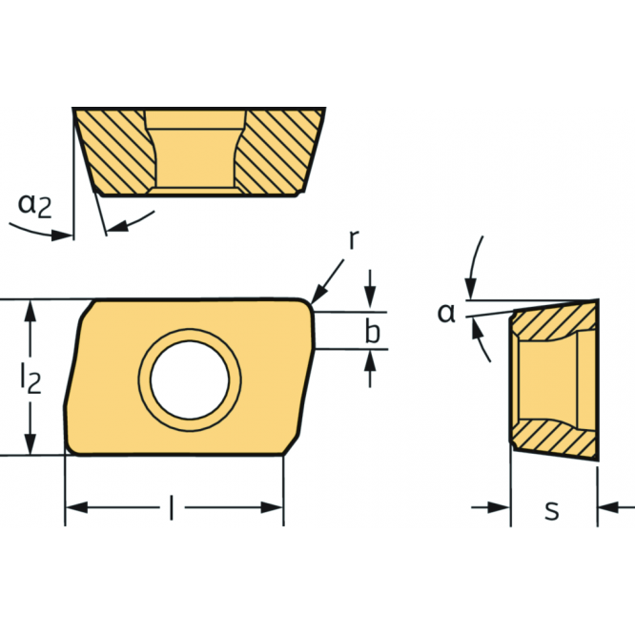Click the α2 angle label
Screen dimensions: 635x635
point(36,203)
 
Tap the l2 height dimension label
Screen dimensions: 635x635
point(32,379)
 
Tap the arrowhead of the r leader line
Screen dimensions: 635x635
point(316,297)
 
